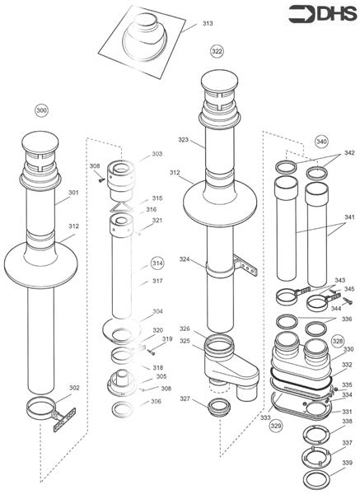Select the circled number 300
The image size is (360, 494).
click(42, 110)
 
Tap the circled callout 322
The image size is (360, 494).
click(217, 51)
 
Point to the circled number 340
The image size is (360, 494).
click(321, 140)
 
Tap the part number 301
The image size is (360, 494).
click(73, 193)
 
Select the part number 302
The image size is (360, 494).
click(73, 387)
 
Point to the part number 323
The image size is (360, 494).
click(183, 140)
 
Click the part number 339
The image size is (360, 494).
click(348, 464)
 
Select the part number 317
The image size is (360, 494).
click(157, 281)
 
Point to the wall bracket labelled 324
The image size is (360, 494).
click(245, 266)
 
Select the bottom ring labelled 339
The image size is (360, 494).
click(313, 479)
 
